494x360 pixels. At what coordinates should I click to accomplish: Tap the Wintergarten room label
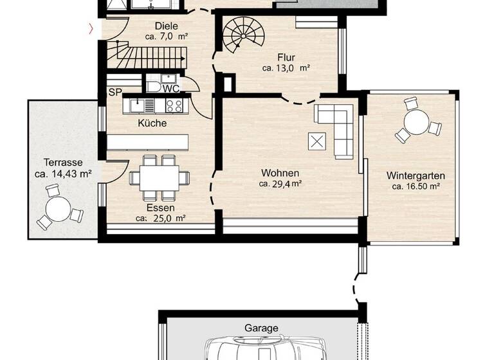coord(416,175)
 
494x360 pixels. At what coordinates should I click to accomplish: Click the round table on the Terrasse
coord(59,208)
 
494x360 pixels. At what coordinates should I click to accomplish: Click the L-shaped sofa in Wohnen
coord(338,129)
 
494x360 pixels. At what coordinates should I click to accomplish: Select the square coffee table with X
coord(318,141)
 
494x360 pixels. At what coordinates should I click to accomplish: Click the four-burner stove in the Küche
coord(174,105)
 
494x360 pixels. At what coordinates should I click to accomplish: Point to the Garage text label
coord(261,328)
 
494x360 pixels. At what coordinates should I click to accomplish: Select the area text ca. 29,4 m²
coord(281,184)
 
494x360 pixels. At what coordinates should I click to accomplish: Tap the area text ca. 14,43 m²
coord(62,174)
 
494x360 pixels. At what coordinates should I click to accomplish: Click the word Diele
coord(166,26)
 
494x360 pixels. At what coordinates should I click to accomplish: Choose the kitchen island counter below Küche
coord(149,141)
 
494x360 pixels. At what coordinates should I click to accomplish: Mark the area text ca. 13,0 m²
coord(286,67)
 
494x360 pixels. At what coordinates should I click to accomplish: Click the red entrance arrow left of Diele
coord(91,28)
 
